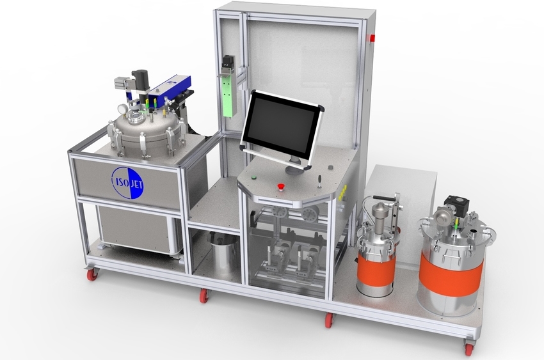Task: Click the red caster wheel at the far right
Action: tap(469, 348)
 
